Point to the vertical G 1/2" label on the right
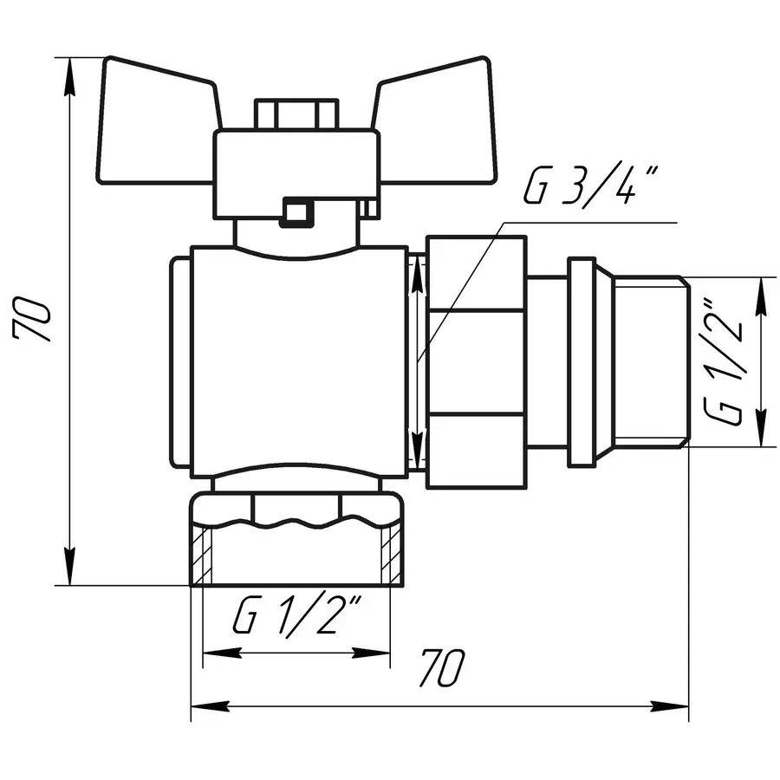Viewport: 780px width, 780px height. coord(726,361)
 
